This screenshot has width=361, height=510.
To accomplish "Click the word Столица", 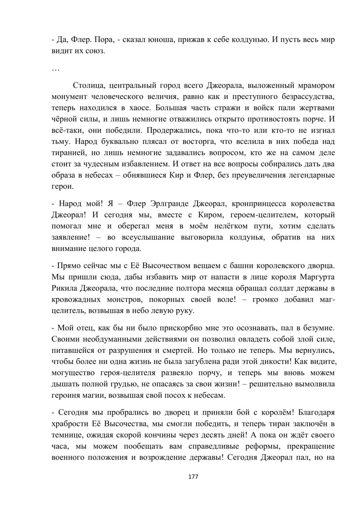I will pos(89,85).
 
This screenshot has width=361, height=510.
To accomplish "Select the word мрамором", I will pos(317,85).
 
